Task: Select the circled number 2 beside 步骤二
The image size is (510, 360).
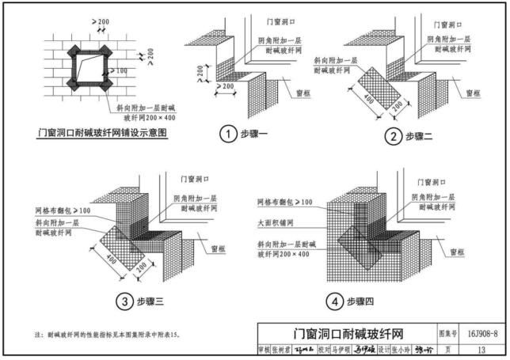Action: [x=392, y=136]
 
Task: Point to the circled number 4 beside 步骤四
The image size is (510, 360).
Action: [x=336, y=301]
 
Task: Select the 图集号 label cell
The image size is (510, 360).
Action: [x=448, y=335]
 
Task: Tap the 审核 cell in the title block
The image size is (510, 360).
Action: [x=264, y=349]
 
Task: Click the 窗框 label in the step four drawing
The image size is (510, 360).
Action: [x=457, y=252]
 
